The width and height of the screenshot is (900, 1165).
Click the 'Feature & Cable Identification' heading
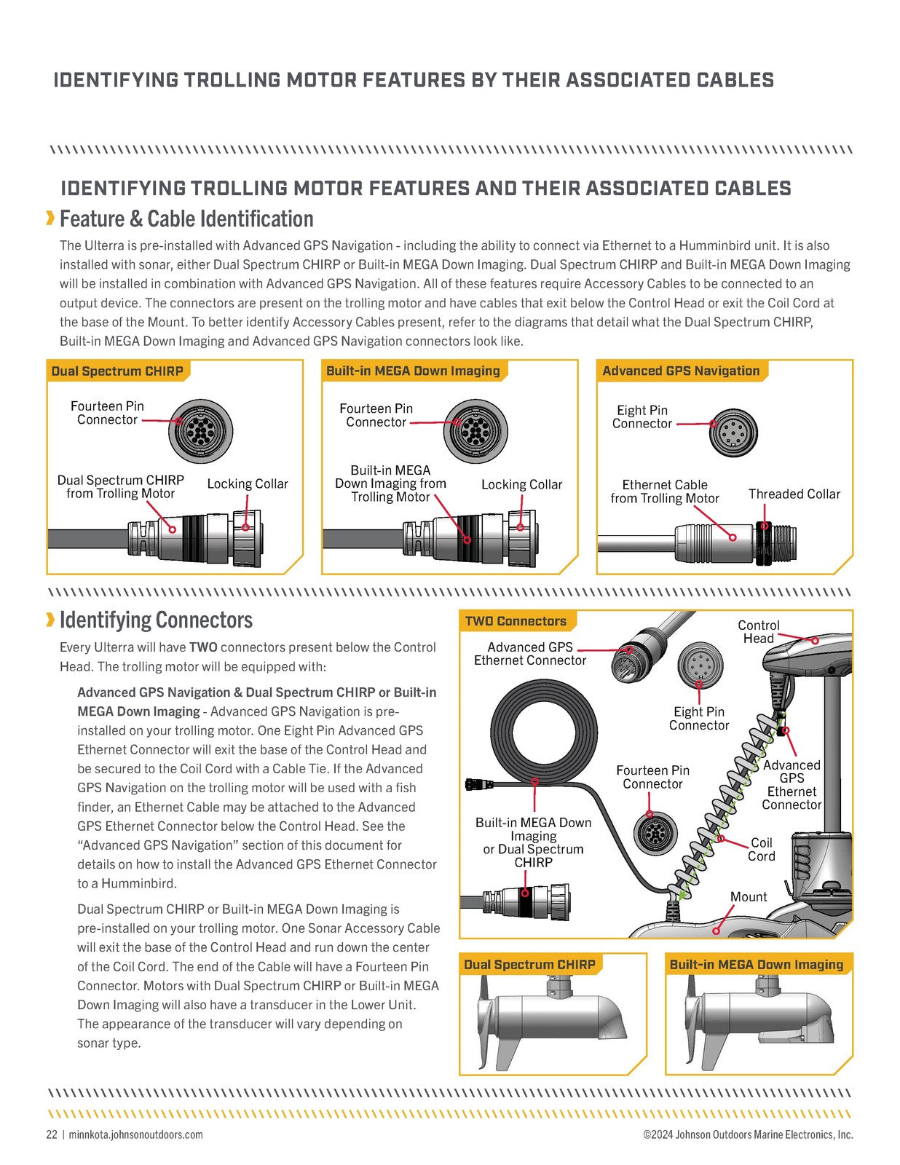[186, 218]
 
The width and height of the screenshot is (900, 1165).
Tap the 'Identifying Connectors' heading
[156, 620]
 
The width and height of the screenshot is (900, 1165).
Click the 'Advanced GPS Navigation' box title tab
[680, 371]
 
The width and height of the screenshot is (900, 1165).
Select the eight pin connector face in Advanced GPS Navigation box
[728, 433]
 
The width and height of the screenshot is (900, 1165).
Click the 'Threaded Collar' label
[794, 494]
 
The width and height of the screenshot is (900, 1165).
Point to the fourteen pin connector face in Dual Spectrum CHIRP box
[200, 430]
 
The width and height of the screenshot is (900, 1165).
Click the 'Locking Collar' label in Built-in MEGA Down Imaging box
[521, 484]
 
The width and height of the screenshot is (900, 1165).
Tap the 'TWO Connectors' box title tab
[516, 621]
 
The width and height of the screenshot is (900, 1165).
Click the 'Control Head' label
[758, 631]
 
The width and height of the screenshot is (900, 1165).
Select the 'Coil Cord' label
[761, 849]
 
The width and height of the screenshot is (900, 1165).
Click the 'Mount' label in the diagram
[749, 896]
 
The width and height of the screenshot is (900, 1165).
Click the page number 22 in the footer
[52, 1134]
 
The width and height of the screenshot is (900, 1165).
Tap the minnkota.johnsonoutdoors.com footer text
[135, 1134]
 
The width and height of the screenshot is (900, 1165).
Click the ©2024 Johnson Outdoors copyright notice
[747, 1134]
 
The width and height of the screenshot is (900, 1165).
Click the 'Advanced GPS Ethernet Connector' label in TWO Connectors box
[529, 653]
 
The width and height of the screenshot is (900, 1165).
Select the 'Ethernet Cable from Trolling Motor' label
[664, 491]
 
